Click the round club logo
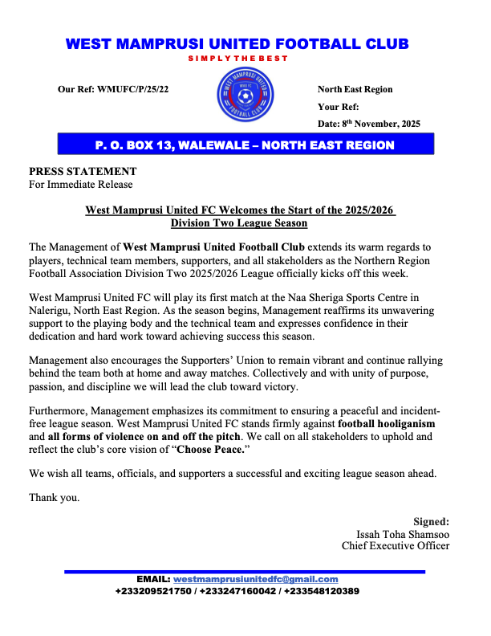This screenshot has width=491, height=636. (x=245, y=98)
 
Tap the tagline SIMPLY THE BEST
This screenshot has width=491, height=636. (x=237, y=59)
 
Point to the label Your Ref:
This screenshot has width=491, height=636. (x=339, y=106)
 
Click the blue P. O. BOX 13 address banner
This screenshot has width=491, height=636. (x=245, y=145)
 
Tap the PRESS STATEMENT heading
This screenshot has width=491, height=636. (x=83, y=171)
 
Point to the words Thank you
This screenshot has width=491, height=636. (x=55, y=498)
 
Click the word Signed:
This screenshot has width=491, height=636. (x=431, y=521)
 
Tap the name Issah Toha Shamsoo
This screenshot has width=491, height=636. (x=403, y=534)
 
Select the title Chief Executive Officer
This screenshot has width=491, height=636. (x=396, y=546)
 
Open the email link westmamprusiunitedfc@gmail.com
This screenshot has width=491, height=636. (x=256, y=579)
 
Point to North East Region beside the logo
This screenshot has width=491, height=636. (x=355, y=89)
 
